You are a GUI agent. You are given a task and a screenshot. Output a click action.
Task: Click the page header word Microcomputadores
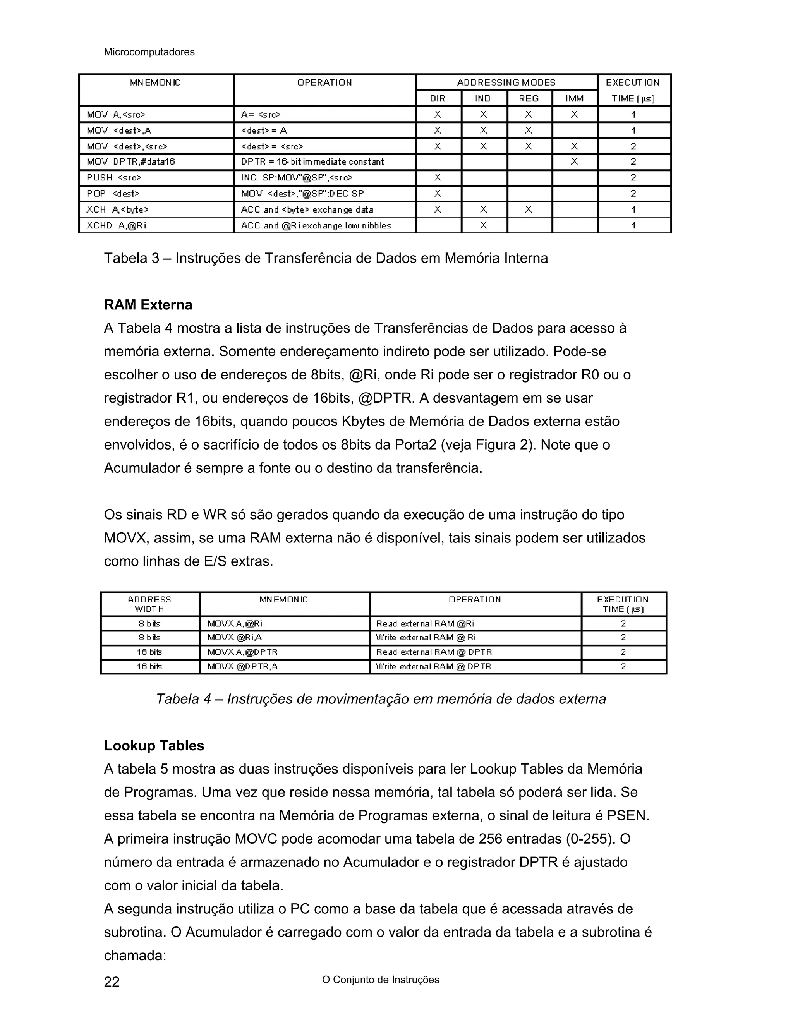(x=149, y=52)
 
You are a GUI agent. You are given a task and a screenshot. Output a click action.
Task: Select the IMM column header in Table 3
(x=575, y=99)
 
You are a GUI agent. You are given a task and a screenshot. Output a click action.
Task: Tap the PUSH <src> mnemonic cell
(x=114, y=178)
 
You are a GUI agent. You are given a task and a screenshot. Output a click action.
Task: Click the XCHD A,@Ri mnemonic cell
(x=116, y=225)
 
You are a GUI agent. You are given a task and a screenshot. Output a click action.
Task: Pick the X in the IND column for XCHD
(x=483, y=225)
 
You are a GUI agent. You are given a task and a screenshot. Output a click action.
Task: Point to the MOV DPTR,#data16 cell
(x=130, y=161)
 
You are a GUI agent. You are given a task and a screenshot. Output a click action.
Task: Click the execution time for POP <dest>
(x=633, y=194)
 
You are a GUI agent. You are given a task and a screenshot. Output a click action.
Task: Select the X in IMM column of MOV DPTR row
(x=574, y=161)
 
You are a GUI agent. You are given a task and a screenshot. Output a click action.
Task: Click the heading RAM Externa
(x=148, y=305)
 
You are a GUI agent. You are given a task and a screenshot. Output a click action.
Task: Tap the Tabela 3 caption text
(x=326, y=258)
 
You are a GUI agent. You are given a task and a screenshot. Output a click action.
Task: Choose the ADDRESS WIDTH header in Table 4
(x=149, y=604)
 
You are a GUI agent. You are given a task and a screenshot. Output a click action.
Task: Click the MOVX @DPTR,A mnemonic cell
(x=242, y=667)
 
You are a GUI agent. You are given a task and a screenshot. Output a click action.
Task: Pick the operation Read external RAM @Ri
(x=425, y=624)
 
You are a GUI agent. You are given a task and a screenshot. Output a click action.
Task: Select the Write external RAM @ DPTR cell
(x=433, y=667)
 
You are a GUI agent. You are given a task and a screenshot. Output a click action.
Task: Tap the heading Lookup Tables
(x=154, y=746)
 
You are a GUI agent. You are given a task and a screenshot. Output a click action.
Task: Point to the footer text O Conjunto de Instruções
(x=381, y=980)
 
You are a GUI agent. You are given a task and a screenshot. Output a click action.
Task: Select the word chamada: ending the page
(x=135, y=956)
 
